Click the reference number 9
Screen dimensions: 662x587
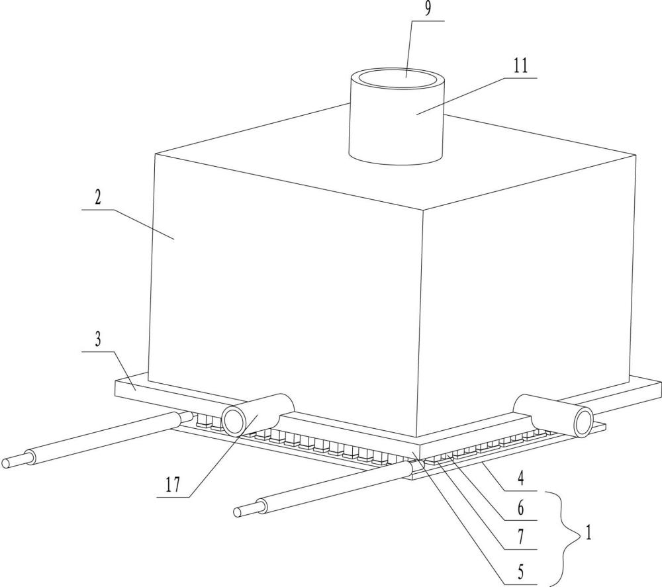click(x=428, y=9)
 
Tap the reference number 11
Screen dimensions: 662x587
click(x=520, y=66)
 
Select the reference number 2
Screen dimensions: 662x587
click(x=97, y=198)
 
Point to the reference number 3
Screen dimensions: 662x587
click(x=98, y=339)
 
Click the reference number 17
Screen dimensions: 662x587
click(x=173, y=485)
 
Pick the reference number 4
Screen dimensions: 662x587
click(x=520, y=479)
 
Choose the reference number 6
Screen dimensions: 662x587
click(x=520, y=509)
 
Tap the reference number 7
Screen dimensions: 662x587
click(x=520, y=537)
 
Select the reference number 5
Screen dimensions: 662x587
click(x=520, y=572)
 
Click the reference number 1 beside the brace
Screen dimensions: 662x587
click(x=588, y=533)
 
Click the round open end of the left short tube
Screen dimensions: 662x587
click(x=234, y=420)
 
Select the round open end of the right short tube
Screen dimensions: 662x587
click(x=583, y=422)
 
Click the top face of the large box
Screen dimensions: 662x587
click(x=395, y=160)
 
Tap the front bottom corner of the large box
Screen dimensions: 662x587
click(x=416, y=437)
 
